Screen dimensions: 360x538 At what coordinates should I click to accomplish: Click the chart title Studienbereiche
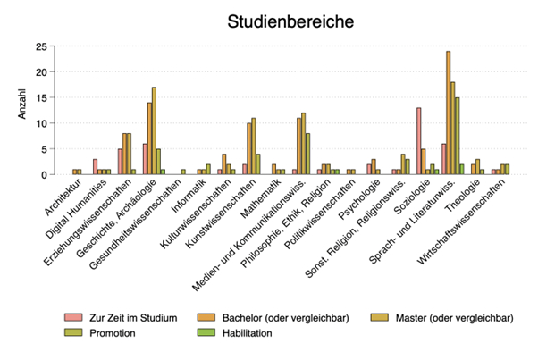point(290,21)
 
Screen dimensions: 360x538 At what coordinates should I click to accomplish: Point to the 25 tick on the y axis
point(39,46)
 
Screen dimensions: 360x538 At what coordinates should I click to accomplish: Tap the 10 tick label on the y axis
point(39,123)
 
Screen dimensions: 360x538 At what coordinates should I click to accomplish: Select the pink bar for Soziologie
point(418,140)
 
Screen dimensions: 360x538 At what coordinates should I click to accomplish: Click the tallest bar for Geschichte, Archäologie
point(154,130)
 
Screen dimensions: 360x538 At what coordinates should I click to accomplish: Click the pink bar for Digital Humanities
point(95,166)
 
